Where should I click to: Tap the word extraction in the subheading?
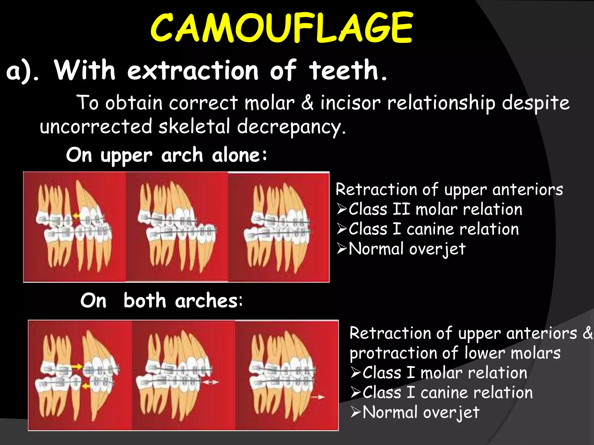193,70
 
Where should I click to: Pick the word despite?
536,103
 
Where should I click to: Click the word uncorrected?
96,127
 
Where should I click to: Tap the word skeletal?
194,127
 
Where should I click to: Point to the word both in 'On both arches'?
144,300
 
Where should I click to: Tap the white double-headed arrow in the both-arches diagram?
210,382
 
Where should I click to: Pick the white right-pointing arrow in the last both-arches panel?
318,397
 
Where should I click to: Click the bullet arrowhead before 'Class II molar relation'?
342,209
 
